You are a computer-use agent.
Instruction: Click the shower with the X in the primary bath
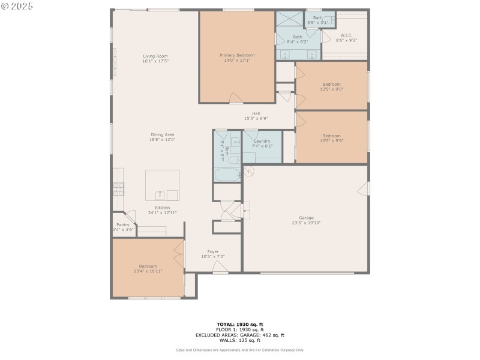point(289,19)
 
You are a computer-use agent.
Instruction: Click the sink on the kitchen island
point(160,194)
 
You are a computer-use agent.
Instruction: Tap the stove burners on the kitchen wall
point(118,190)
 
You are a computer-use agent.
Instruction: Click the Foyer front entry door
point(221,272)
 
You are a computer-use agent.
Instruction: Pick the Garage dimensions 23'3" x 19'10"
point(306,223)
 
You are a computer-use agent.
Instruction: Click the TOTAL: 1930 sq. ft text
point(239,324)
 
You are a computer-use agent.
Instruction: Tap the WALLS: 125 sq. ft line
point(239,340)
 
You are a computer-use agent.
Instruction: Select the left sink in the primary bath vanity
point(285,54)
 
